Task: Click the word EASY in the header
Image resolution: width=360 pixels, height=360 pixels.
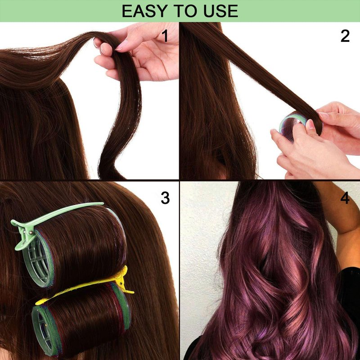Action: coord(144,11)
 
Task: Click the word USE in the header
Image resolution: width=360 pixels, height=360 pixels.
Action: coord(220,11)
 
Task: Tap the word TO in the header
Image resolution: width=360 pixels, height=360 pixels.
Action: coord(185,11)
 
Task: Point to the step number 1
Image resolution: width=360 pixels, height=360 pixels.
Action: coord(165,36)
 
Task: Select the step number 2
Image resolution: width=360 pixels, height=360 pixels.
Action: coord(345,36)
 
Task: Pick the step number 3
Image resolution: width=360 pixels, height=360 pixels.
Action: coord(165,198)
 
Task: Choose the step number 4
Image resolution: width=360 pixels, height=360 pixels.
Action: coord(345,198)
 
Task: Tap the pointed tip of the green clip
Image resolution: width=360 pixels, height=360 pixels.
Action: coord(103,203)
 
